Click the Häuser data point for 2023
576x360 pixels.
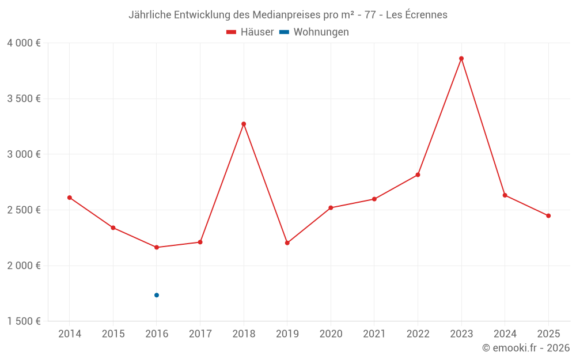461,58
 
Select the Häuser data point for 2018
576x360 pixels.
244,124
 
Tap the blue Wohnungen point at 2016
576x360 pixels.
157,295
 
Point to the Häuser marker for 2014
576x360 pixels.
70,198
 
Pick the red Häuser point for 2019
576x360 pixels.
287,242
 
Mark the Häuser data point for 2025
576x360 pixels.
548,216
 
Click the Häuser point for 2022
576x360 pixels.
418,175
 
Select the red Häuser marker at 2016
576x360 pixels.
157,247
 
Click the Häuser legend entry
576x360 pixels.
250,32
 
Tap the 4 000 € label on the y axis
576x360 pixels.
24,43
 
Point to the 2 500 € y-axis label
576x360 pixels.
24,210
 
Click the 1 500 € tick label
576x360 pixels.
24,321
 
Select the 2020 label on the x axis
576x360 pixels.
331,334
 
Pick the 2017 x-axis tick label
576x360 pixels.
200,334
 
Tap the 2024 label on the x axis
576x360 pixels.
505,334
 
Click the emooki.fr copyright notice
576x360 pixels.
525,348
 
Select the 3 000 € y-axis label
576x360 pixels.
24,154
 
